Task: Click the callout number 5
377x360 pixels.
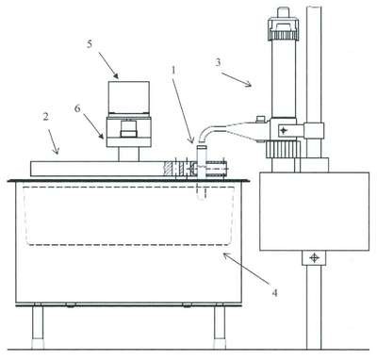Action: coord(90,44)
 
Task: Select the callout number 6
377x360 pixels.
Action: coord(77,108)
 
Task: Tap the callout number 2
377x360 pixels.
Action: coord(45,117)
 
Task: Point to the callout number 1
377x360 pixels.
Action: coord(173,71)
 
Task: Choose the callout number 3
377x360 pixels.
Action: coord(218,62)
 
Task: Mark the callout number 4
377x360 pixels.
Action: coord(274,293)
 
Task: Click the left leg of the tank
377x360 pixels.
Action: coord(38,327)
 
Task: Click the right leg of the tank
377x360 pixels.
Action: coord(220,327)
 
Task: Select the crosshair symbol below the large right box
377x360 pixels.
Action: coord(314,258)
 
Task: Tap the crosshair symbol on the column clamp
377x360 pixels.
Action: coord(284,130)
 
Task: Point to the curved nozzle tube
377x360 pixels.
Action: coord(211,131)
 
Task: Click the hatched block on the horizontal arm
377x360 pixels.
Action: coord(170,169)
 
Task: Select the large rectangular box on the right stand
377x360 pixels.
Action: coord(315,211)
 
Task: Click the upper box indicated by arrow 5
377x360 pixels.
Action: coord(129,97)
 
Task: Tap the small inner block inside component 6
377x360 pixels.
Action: coord(129,130)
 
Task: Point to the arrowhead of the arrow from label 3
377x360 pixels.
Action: coord(249,84)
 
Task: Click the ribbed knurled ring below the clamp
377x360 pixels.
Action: coord(283,149)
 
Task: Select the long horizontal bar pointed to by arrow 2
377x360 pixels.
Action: coord(97,169)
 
